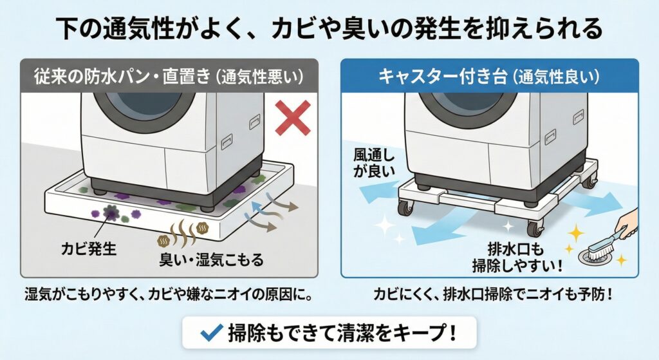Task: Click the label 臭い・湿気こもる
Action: tap(207, 261)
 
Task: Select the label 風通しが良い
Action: tap(372, 164)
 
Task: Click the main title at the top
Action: tap(329, 29)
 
